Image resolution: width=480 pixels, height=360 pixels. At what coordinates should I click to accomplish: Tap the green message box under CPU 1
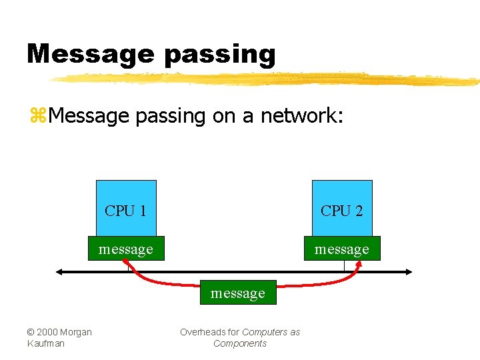pyautogui.click(x=126, y=249)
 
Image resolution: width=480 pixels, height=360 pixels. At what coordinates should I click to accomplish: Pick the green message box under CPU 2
pyautogui.click(x=342, y=249)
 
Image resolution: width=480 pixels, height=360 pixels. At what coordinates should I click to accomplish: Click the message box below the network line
pyautogui.click(x=238, y=293)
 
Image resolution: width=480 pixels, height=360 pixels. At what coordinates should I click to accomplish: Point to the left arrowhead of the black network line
pyautogui.click(x=60, y=272)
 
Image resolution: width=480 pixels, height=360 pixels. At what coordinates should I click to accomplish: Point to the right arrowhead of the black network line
pyautogui.click(x=409, y=272)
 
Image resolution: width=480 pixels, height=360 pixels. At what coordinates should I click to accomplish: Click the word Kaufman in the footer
pyautogui.click(x=46, y=343)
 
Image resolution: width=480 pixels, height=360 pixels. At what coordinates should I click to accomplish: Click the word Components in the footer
pyautogui.click(x=240, y=343)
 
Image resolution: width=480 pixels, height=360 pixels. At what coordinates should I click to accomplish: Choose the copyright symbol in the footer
pyautogui.click(x=31, y=332)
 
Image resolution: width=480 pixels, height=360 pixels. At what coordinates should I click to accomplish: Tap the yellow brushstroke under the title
pyautogui.click(x=267, y=79)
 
